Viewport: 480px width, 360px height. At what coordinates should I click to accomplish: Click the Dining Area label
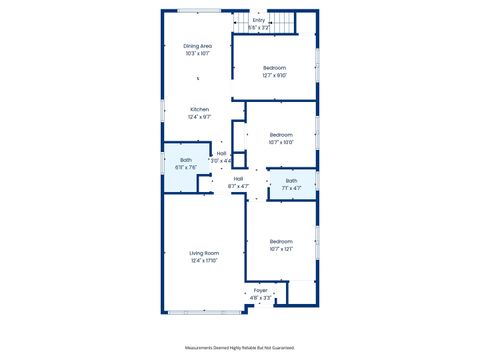197,46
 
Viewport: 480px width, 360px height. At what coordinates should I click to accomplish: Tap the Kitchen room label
199,109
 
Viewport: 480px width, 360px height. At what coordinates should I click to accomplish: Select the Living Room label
204,253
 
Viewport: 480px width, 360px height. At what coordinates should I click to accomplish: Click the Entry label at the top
258,20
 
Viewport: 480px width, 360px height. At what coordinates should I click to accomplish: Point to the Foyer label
260,290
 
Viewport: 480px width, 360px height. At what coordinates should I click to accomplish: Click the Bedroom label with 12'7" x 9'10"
274,67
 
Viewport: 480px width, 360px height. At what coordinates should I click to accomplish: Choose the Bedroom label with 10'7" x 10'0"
281,134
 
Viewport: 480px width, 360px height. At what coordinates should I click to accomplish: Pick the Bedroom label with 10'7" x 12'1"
281,241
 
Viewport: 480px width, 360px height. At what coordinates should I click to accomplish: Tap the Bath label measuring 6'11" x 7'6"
186,160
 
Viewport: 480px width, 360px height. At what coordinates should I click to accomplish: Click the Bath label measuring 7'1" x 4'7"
291,181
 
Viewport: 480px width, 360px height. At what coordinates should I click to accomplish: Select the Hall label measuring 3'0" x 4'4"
221,153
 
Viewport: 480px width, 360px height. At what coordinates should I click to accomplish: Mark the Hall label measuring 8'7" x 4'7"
239,178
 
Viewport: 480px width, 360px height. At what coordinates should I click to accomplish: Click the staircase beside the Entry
287,22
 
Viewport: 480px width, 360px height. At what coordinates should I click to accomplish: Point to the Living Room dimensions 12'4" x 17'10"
204,261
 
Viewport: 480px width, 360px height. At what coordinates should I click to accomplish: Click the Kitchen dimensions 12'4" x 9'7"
199,117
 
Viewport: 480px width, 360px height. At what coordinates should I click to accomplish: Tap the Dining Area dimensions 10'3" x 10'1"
197,54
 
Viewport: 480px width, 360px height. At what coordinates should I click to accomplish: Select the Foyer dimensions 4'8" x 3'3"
260,298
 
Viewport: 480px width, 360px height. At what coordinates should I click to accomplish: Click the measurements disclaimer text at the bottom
240,347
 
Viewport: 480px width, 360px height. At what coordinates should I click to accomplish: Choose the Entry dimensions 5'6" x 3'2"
258,28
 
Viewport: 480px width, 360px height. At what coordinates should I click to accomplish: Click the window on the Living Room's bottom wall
205,312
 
